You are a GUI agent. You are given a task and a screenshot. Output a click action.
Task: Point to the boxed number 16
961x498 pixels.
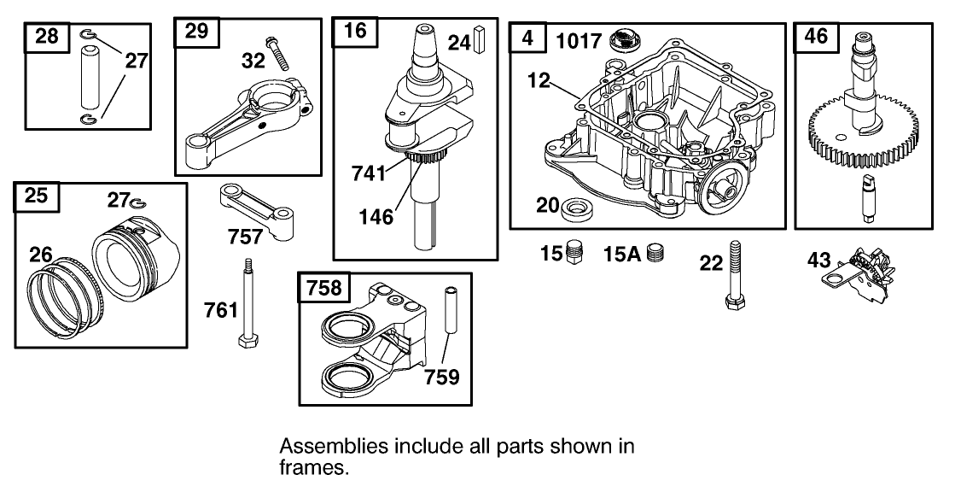[355, 32]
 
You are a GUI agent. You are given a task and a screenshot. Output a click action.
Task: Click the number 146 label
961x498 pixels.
[377, 216]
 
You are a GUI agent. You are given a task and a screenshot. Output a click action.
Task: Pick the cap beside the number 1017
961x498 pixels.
[626, 40]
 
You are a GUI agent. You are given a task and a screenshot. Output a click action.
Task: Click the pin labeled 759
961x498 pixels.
[451, 320]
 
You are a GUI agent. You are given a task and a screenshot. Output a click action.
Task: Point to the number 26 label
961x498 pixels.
[41, 254]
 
